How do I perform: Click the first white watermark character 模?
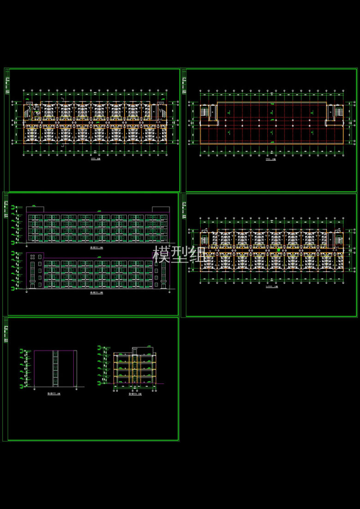162,255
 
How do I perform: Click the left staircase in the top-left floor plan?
32,112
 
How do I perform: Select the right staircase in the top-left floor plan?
162,111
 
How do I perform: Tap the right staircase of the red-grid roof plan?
336,112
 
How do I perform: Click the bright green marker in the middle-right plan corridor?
279,250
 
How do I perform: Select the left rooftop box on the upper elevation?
36,209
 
